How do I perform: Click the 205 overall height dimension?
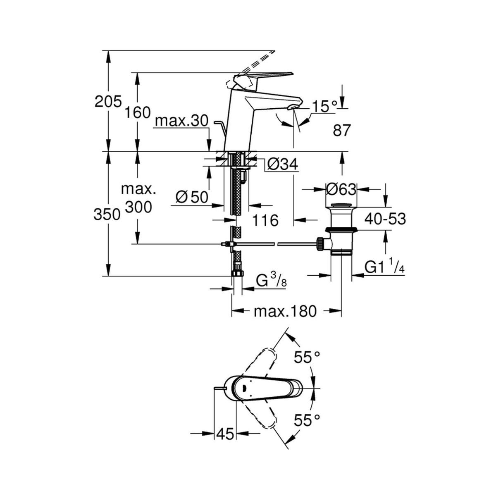pyautogui.click(x=108, y=101)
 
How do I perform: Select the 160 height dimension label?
pyautogui.click(x=137, y=112)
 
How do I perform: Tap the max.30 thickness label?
pyautogui.click(x=182, y=121)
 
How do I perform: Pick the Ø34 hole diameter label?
pyautogui.click(x=282, y=164)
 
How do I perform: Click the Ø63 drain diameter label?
pyautogui.click(x=341, y=189)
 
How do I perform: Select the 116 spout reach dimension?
pyautogui.click(x=265, y=220)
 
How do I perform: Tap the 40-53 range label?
pyautogui.click(x=385, y=219)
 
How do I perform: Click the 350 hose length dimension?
pyautogui.click(x=107, y=215)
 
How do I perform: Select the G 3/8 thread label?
pyautogui.click(x=271, y=281)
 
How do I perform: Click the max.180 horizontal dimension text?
pyautogui.click(x=285, y=312)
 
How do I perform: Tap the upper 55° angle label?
pyautogui.click(x=307, y=357)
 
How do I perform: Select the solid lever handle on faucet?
pyautogui.click(x=262, y=78)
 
